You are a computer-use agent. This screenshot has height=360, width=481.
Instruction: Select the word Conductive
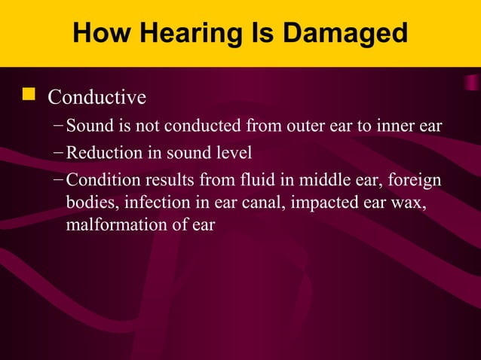[97, 98]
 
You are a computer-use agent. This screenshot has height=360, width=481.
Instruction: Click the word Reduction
[102, 153]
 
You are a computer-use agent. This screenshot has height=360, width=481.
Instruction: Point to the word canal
[263, 203]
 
